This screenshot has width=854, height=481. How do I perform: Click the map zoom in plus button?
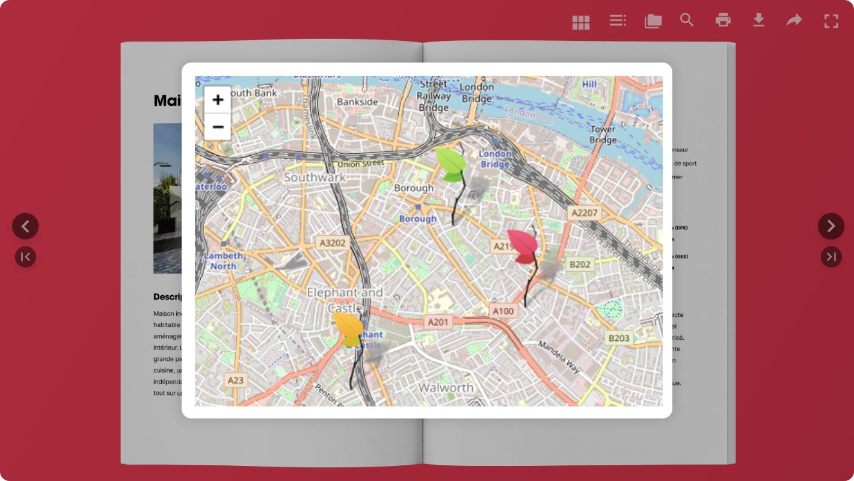point(218,100)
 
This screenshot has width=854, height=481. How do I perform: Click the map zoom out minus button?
point(218,127)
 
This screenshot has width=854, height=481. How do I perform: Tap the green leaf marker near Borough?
point(452,164)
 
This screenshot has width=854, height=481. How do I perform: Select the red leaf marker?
point(523,245)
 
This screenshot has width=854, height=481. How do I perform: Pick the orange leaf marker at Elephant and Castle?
point(349,329)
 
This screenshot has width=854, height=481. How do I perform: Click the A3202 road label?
point(333,242)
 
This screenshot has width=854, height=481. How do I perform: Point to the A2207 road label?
point(585,212)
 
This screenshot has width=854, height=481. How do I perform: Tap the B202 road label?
point(580,264)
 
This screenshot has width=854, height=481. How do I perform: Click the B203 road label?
point(619,338)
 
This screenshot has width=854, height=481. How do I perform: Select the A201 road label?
point(438,322)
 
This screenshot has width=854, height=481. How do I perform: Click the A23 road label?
point(235,380)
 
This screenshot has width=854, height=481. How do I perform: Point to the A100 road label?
point(503,311)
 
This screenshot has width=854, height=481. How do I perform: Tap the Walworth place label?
point(446,387)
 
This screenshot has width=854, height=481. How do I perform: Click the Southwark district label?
point(315,177)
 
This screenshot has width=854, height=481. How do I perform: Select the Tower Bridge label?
point(603,135)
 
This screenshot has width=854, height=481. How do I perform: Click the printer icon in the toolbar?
point(723,20)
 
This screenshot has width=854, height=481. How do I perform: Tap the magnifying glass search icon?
point(687,20)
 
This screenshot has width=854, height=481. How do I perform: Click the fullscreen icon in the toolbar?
point(831,21)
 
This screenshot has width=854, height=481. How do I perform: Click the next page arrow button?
point(831,226)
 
